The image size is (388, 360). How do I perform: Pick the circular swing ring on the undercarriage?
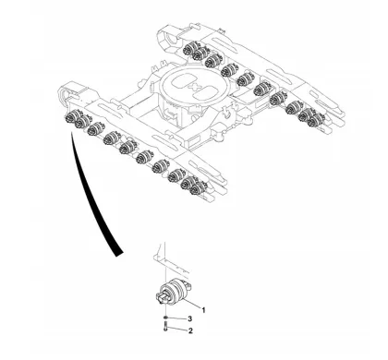point(196,96)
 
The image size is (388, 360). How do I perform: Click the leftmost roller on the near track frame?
point(71,118)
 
